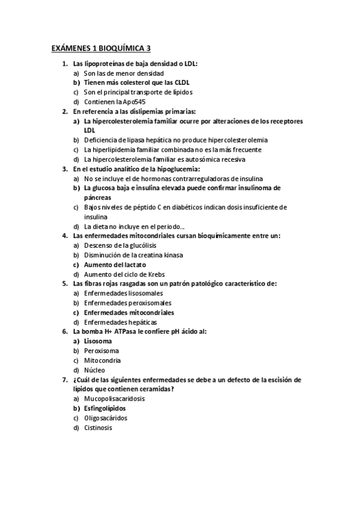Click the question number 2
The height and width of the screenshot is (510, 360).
tap(65, 111)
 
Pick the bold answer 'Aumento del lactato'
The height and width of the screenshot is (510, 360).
tap(115, 265)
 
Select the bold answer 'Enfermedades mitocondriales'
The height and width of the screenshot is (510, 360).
tap(129, 313)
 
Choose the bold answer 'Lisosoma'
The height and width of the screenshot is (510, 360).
tap(97, 341)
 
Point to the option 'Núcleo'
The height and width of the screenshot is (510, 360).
tap(94, 370)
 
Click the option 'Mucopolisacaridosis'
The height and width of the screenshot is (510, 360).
tap(114, 399)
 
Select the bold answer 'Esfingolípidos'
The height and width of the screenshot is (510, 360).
tap(109, 408)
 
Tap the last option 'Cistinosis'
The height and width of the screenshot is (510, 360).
tap(97, 428)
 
